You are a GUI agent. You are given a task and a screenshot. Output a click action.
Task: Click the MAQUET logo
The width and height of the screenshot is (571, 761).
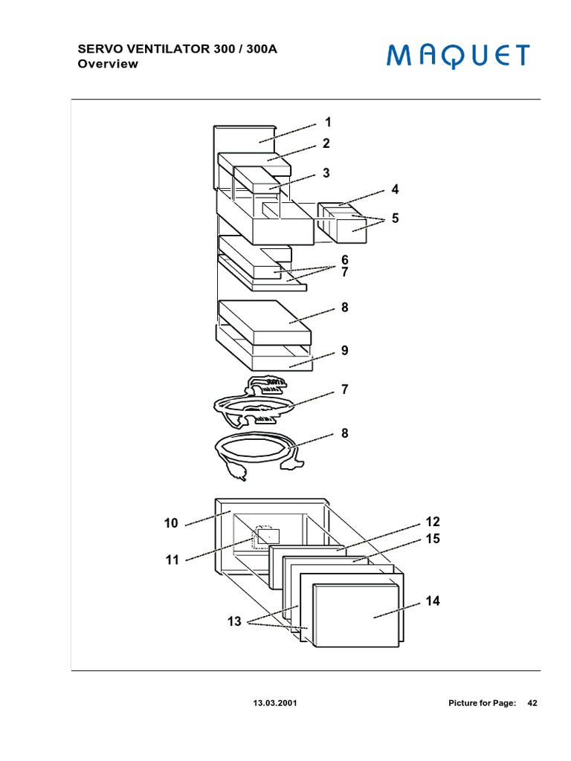457,56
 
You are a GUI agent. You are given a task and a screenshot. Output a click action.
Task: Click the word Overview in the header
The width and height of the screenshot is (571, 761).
108,64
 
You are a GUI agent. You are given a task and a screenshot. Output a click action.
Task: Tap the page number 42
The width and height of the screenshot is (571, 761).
532,703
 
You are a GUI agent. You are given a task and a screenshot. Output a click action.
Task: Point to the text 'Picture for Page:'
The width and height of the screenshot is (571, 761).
482,703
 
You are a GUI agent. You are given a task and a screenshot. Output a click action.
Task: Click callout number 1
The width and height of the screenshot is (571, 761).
327,122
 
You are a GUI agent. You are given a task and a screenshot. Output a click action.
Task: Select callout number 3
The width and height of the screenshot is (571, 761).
326,173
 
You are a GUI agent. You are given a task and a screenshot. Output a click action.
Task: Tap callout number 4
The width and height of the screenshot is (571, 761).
395,190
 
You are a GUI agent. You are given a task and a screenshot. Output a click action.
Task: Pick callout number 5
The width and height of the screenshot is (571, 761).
395,218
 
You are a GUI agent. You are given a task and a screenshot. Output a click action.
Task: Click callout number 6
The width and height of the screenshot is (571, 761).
345,259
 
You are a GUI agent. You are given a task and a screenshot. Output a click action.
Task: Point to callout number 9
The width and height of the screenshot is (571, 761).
345,350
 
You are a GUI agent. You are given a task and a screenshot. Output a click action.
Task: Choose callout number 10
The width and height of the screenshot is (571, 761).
171,523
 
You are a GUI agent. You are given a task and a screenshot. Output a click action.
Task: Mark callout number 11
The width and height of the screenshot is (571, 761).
172,560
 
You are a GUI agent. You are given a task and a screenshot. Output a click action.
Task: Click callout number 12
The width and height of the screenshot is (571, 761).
433,522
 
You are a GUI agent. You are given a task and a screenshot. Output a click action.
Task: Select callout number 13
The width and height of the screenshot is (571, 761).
234,622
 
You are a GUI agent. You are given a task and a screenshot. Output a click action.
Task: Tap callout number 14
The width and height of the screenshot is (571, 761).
433,601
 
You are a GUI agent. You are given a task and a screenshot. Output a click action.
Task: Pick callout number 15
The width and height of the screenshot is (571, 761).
433,539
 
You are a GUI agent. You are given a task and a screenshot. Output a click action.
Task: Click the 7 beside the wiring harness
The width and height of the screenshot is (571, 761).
345,389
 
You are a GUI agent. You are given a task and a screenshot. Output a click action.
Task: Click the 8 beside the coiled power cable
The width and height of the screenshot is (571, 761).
345,433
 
